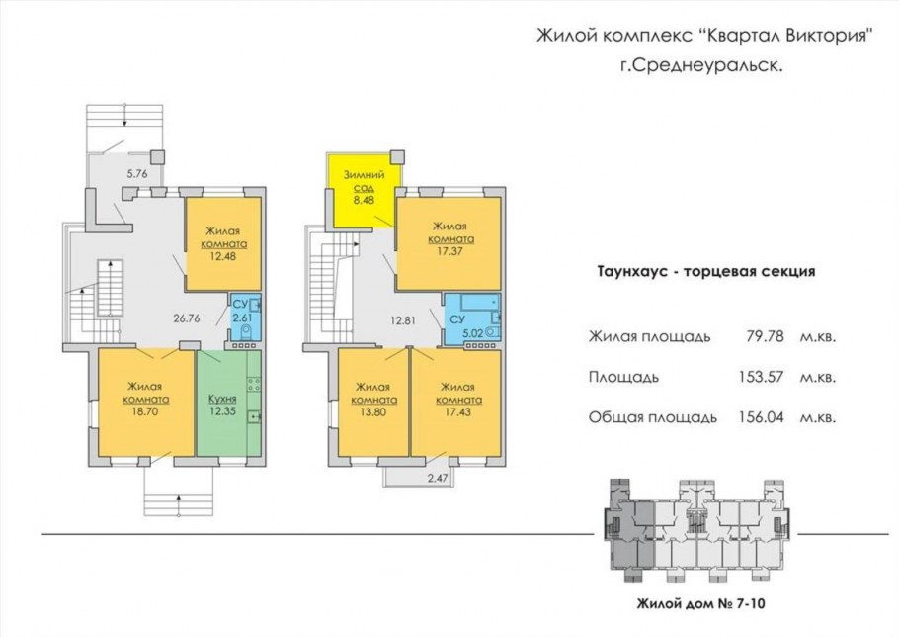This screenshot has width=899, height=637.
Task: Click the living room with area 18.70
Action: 144,402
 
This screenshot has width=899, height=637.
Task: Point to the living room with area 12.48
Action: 224,243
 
